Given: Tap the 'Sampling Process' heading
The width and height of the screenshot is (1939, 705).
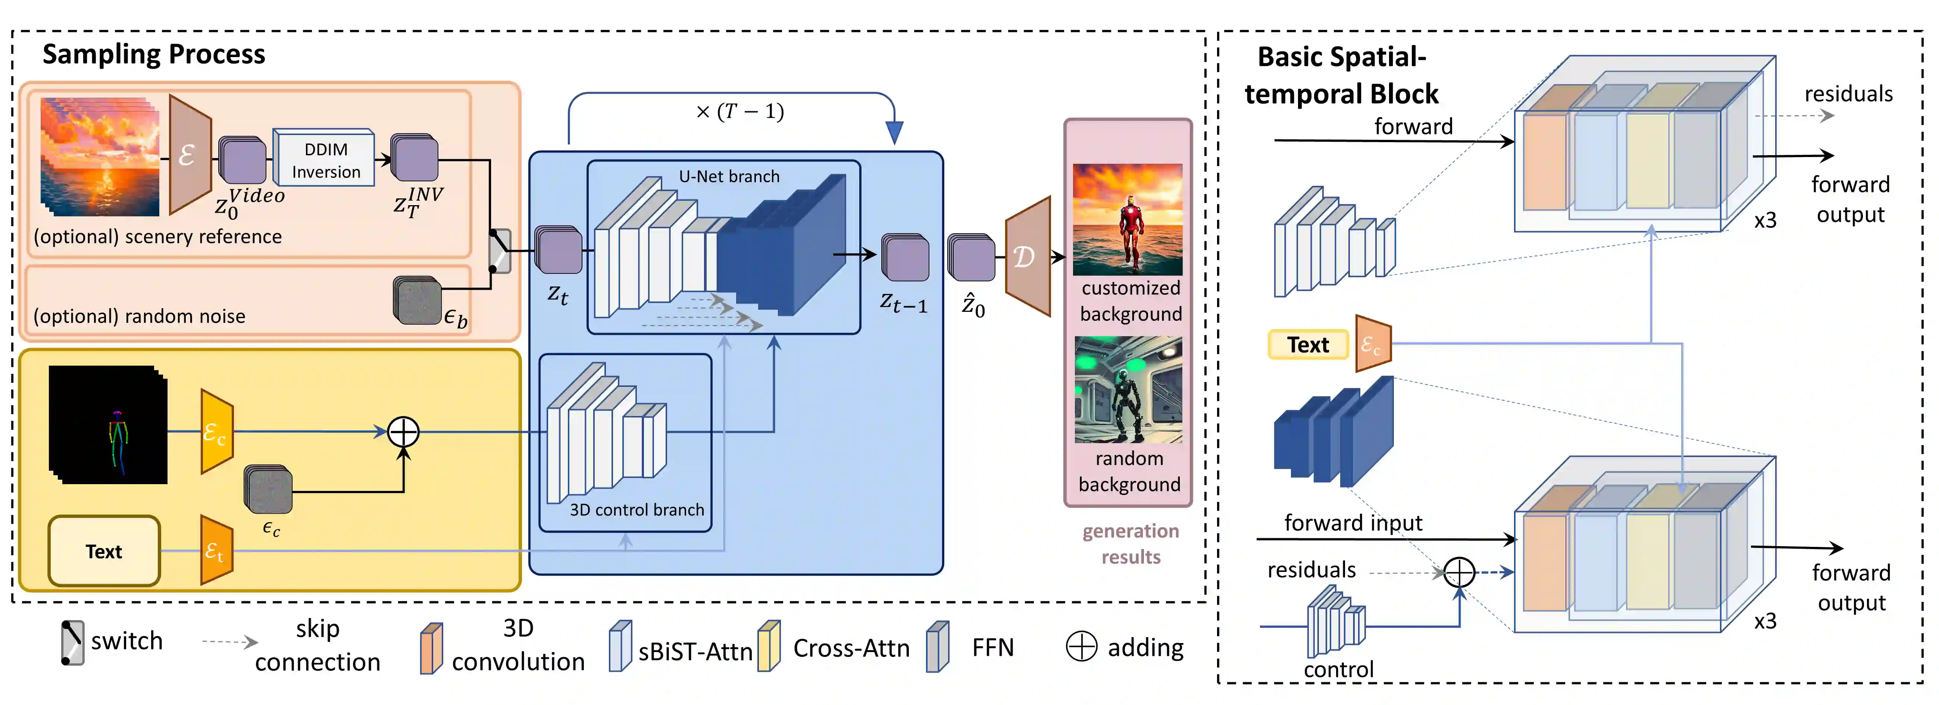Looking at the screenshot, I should point(154,54).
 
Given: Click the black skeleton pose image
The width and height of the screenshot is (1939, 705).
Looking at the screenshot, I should point(107,424).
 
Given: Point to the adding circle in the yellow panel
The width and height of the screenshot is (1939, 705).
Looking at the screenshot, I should point(403,432).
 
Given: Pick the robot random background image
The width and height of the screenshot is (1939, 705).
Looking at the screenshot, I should point(1128,390).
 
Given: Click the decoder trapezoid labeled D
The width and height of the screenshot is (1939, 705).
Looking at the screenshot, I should point(1028,257).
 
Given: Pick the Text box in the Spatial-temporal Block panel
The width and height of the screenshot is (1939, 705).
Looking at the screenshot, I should point(1307,345).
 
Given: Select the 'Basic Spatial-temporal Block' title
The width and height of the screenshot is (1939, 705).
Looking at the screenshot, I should point(1341,75).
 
